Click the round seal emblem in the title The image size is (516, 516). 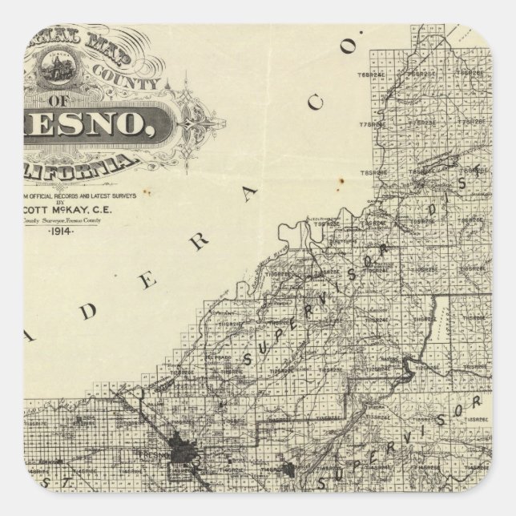coord(58,67)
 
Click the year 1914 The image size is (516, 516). coord(59,231)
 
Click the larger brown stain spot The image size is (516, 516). coord(341,183)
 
